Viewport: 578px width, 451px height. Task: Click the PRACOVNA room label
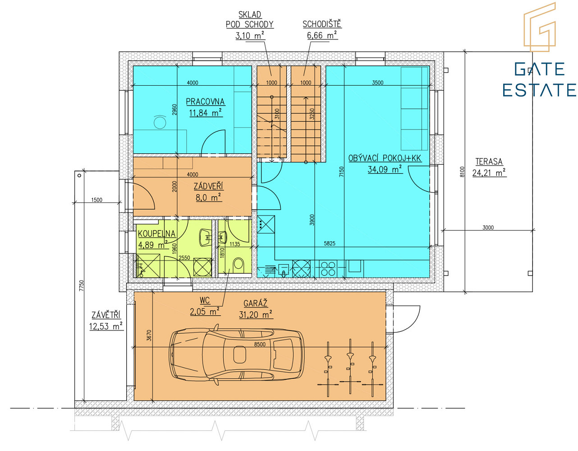pos(205,101)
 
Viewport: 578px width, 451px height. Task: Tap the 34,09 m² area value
pos(385,169)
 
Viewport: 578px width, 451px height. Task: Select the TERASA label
pos(489,161)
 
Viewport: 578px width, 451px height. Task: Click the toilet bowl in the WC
pos(238,264)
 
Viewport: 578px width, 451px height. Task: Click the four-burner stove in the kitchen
pos(328,269)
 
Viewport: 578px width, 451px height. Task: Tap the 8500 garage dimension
pos(260,344)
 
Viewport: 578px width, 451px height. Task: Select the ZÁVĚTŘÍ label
pos(106,315)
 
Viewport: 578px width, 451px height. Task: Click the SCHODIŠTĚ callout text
pos(322,24)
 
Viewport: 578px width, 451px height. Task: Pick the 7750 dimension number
pos(82,285)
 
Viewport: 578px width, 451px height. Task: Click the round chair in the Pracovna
pos(160,122)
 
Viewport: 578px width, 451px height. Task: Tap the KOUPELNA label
pos(156,234)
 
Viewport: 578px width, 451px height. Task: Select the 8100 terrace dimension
pos(462,172)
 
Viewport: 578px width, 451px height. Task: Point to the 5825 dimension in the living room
pos(330,243)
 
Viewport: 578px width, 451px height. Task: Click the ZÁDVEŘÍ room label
pos(208,186)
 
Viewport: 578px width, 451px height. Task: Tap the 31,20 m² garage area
pos(256,315)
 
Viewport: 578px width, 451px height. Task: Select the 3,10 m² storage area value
pos(250,35)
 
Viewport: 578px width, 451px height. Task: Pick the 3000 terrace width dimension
pos(488,227)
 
